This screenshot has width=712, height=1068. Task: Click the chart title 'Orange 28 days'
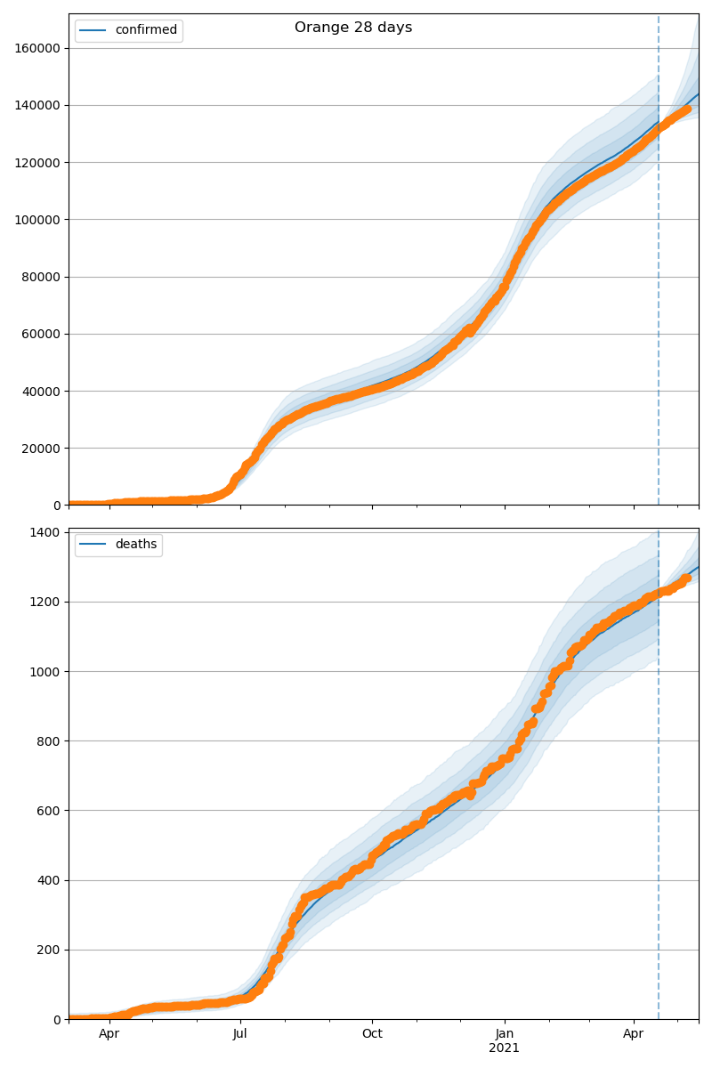coord(353,28)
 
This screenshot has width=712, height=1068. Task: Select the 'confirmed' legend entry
coord(146,30)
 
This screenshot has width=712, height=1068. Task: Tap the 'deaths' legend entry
coord(135,545)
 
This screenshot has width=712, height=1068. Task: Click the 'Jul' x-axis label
coord(239,1034)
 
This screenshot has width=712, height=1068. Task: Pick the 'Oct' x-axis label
coord(372,1034)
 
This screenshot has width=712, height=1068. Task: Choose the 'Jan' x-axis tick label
coord(505,1034)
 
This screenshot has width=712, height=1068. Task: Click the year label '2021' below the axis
coord(505,1048)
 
